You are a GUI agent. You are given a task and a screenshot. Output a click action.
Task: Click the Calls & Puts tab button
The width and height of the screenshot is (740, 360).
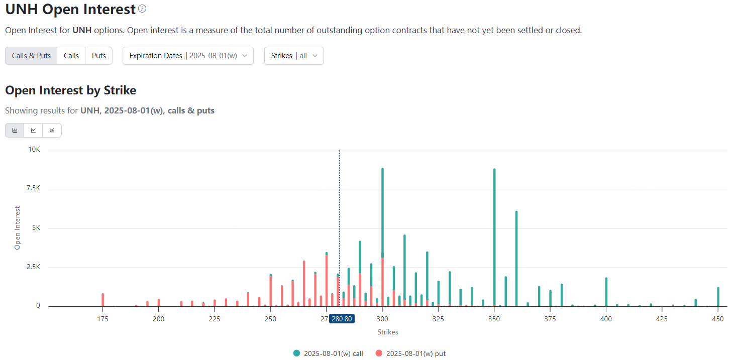coord(31,56)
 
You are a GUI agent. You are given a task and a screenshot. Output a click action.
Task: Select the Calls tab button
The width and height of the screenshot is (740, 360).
coord(71,56)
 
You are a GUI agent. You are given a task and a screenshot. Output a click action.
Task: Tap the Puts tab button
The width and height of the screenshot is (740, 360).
coord(99,56)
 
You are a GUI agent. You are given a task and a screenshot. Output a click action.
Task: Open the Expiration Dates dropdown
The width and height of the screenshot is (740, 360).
coord(188,56)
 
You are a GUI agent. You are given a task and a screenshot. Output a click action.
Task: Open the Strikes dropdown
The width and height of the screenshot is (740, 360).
coord(294,56)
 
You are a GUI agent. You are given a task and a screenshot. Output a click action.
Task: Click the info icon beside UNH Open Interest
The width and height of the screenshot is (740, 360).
coord(142,9)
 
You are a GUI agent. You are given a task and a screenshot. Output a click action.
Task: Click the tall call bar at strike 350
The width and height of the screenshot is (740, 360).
coord(494,236)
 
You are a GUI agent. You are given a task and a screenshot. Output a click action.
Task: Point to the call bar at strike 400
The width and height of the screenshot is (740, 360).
coord(606,292)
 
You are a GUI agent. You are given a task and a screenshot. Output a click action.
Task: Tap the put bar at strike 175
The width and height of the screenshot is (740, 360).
coord(102,300)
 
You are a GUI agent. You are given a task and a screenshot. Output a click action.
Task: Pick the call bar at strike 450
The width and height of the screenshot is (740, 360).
coord(718,297)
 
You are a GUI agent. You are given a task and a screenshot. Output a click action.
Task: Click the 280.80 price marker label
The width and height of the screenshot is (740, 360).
coord(342,318)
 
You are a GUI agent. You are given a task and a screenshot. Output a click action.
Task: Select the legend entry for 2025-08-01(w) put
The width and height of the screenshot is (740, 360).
coord(410,353)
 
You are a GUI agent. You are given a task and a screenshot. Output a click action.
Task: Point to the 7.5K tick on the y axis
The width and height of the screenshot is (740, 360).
coord(34,188)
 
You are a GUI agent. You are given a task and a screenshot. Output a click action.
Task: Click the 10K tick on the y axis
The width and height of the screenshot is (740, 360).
coord(35,150)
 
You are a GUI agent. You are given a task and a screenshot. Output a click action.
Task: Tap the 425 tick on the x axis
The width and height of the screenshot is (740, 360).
coord(662,318)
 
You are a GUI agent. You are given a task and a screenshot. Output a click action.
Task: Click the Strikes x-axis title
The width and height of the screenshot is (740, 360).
coord(388,332)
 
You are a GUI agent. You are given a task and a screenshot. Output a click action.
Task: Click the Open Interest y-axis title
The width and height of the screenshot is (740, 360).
coord(18,227)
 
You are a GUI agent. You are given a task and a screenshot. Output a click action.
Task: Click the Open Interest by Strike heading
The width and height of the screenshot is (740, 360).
coord(71,90)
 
